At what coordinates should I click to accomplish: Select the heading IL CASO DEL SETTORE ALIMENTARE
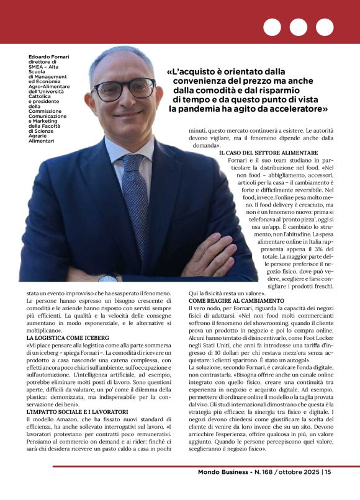[268, 153]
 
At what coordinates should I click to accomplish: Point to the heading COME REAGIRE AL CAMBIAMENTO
[236, 301]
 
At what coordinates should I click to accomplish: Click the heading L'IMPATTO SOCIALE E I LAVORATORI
[78, 412]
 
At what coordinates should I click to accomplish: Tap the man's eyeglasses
[125, 89]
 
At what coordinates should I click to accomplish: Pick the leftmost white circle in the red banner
[272, 27]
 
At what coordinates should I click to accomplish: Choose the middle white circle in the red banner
[298, 27]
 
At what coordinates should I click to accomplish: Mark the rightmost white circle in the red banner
[324, 27]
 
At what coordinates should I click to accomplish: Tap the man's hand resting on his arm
[211, 255]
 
